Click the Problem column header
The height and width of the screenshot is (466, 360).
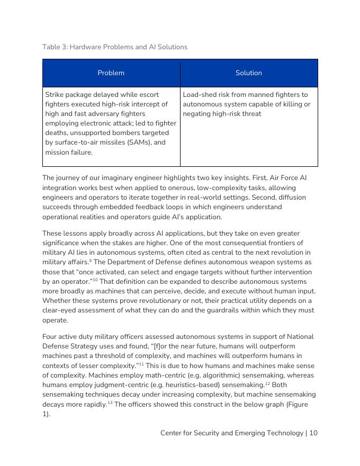[x=111, y=73]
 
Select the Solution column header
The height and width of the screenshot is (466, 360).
[x=248, y=73]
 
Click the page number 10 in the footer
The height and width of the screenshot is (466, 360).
[x=313, y=433]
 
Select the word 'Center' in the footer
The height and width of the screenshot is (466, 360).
[x=173, y=433]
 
